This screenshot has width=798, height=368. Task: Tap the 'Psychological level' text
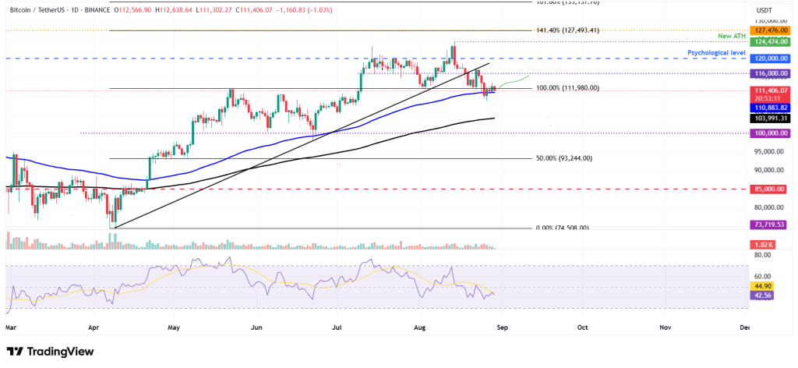tap(716, 52)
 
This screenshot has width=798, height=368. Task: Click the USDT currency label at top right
tap(764, 9)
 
